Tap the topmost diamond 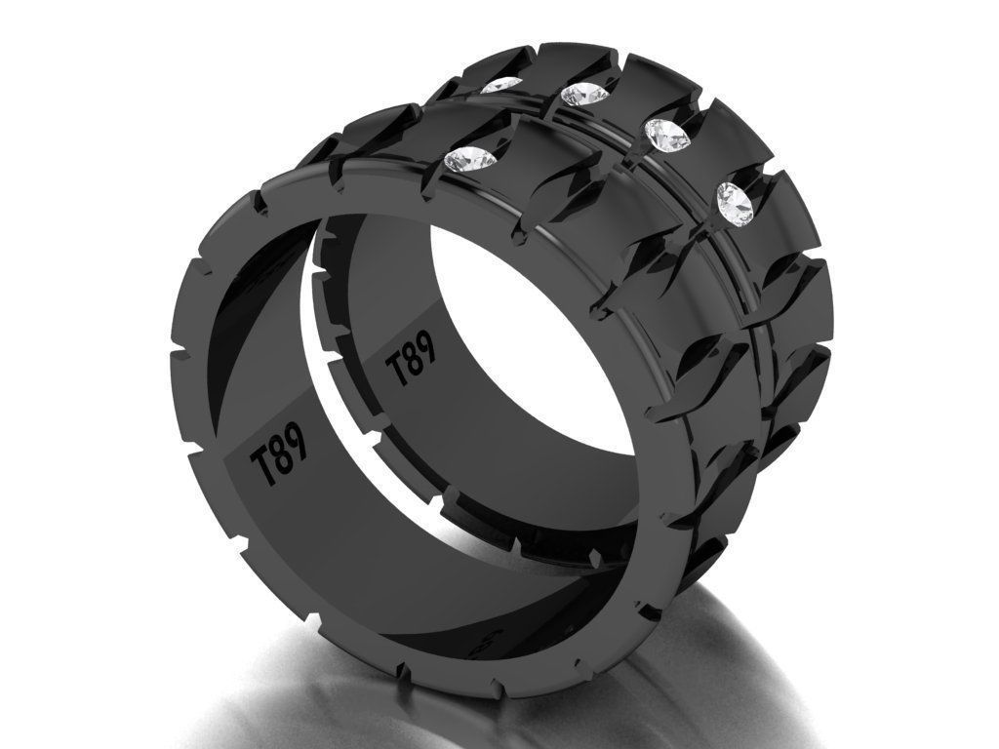502,86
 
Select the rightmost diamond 735,201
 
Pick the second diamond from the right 666,135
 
